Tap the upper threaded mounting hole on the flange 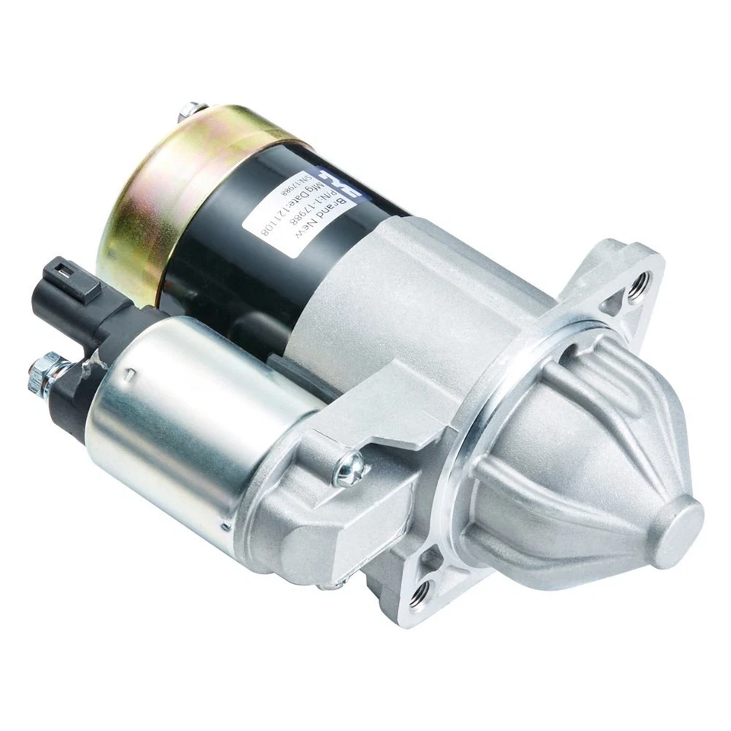click(x=636, y=283)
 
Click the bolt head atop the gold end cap click(x=187, y=111)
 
